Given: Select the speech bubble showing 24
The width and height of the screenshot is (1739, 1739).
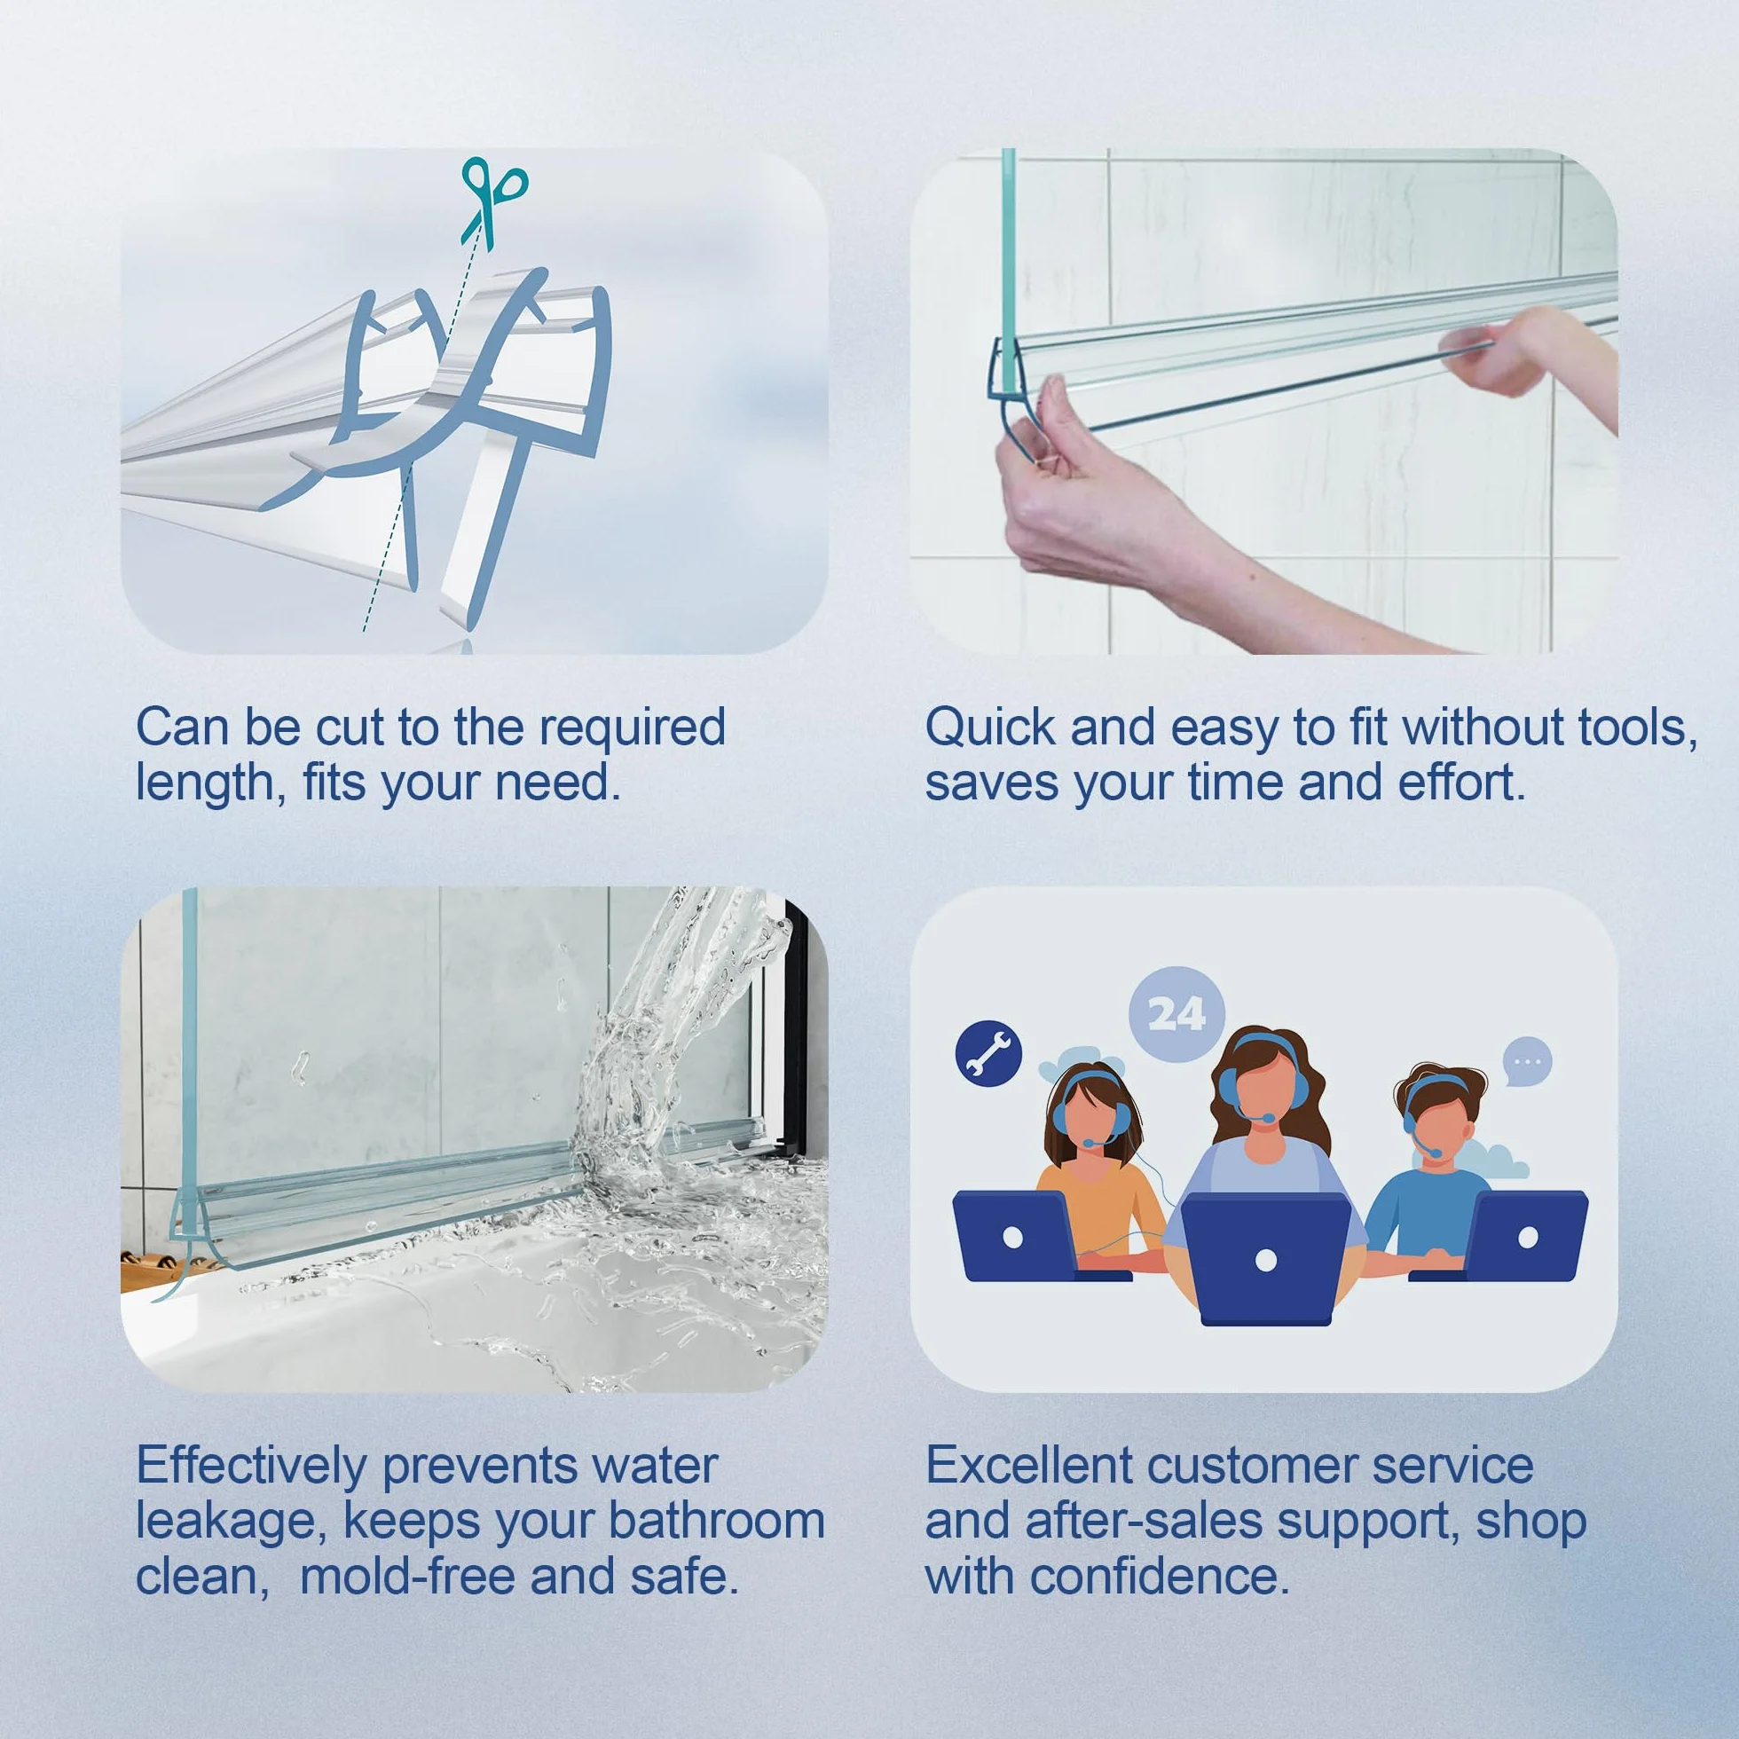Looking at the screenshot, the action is click(x=1176, y=1014).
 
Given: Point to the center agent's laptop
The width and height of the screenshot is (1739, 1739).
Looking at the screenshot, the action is click(x=1264, y=1259).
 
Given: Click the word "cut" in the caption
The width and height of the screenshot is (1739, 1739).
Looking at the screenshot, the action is click(x=350, y=728).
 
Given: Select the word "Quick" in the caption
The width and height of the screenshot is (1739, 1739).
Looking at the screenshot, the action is click(x=991, y=728).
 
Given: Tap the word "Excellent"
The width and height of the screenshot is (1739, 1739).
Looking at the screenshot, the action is click(x=1030, y=1466).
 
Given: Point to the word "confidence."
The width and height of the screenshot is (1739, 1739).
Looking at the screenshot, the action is click(x=1160, y=1576).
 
